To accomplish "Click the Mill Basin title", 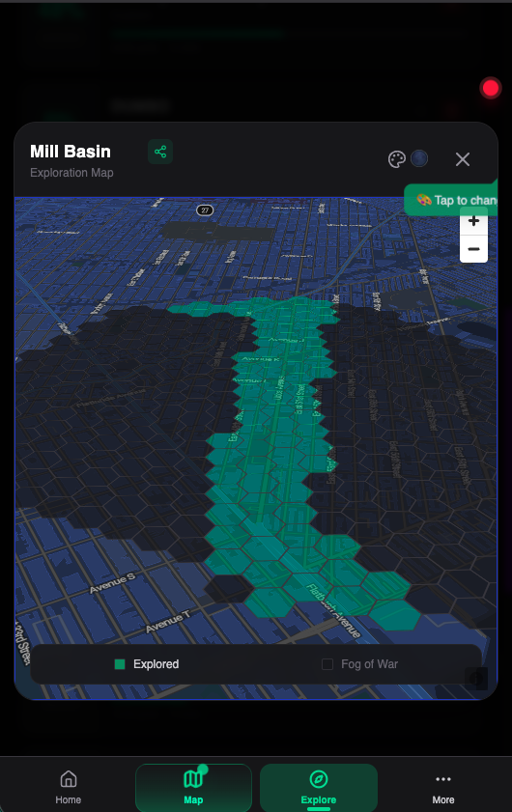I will point(71,152).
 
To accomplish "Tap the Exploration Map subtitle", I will point(71,173).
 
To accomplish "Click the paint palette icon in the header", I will point(396,160).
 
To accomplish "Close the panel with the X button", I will point(463,159).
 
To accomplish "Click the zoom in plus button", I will point(473,221).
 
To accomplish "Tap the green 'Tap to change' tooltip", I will point(454,200).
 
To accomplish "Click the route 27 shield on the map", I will point(204,210).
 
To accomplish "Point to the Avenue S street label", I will point(113,583).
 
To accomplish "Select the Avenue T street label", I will point(167,623).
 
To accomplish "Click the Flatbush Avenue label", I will point(333,610).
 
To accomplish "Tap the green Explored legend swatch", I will point(120,664).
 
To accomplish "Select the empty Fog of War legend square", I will point(327,664).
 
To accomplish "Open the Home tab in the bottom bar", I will point(69,787).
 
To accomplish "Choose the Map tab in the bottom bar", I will point(193,787).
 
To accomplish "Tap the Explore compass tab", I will point(318,787).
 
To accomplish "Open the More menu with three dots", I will point(442,787).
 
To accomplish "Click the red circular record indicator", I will point(491,89).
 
